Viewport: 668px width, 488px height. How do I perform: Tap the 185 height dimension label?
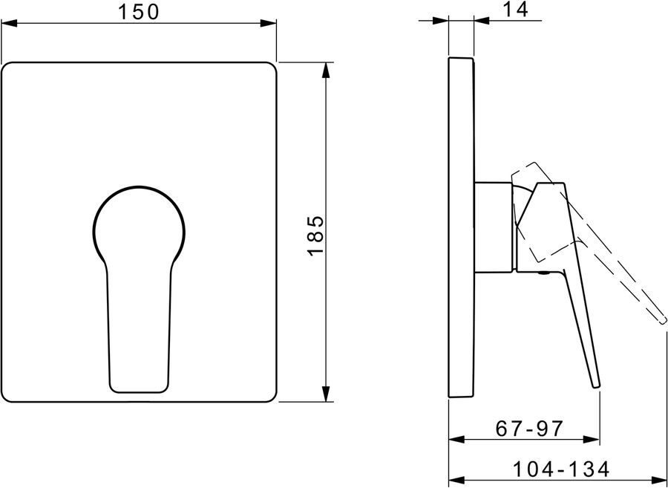315,235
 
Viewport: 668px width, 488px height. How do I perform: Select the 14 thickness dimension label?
516,10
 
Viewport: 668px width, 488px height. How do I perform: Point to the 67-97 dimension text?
529,429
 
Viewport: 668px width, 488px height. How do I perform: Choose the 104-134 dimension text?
561,469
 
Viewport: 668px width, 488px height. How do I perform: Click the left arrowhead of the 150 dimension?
9,23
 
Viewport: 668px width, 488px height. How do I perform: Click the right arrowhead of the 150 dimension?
269,23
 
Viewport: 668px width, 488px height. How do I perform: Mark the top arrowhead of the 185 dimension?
326,71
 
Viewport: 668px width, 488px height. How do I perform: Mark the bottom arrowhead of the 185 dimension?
326,394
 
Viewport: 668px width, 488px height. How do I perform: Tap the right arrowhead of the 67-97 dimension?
592,440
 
